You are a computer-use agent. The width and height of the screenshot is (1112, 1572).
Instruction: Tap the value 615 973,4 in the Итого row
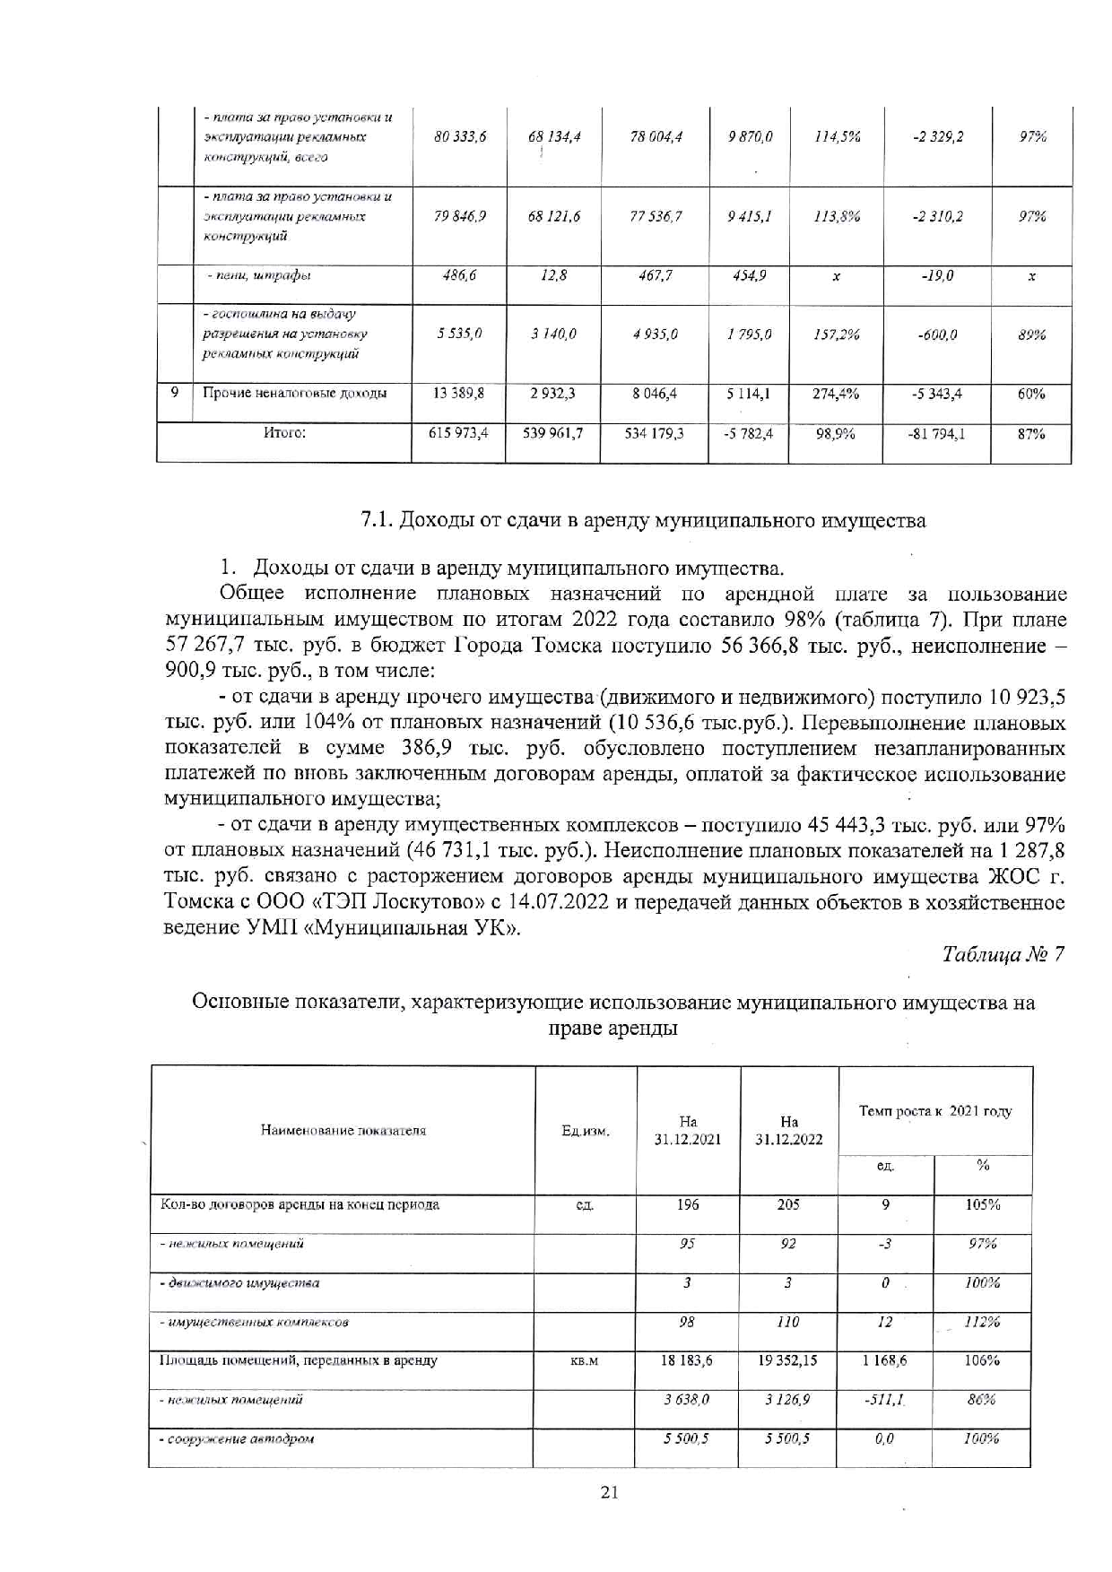click(458, 433)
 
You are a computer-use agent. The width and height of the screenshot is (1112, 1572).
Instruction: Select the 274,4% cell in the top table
click(836, 393)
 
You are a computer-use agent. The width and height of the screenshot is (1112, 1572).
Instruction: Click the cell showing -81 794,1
click(935, 433)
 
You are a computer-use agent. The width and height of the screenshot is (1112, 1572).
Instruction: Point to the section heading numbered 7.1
click(643, 520)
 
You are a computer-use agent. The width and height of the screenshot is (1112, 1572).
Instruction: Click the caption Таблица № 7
click(1003, 954)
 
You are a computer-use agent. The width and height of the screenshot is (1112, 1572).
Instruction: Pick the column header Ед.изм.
click(586, 1131)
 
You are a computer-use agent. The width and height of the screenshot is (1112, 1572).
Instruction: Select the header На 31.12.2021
click(688, 1130)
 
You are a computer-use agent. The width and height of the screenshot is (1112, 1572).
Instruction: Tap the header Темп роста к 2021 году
click(935, 1111)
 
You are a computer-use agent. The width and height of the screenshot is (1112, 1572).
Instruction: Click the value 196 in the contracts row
click(688, 1204)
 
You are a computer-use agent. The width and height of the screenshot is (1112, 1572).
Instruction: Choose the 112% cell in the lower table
click(982, 1322)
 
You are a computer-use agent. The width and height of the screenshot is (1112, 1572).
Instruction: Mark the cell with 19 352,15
click(787, 1360)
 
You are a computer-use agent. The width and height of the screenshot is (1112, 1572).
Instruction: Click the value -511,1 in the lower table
click(884, 1400)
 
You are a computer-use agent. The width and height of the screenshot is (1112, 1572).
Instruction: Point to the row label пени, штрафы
click(259, 276)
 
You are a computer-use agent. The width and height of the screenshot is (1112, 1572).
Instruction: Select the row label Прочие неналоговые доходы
click(295, 393)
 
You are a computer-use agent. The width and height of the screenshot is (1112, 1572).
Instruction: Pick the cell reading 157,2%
click(836, 334)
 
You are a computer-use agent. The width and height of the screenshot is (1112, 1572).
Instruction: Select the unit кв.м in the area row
click(584, 1361)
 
